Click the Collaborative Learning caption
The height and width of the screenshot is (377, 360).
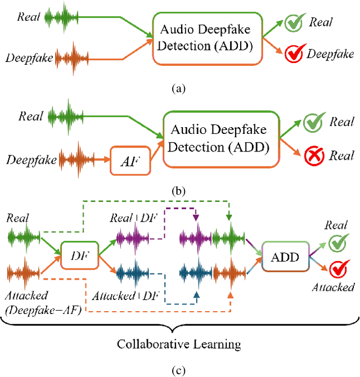click(179, 344)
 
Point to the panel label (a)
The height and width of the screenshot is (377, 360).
click(179, 88)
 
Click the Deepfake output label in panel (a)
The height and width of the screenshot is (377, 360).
click(330, 55)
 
